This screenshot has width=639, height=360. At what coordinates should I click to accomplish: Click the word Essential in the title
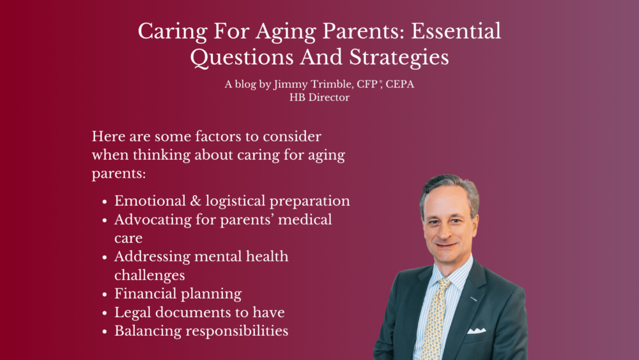coord(456,31)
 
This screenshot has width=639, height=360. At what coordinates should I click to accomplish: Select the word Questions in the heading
coord(242,57)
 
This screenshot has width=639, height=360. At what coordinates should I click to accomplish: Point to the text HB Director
coord(319,97)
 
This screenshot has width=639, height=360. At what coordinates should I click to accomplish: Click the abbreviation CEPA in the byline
coord(400,84)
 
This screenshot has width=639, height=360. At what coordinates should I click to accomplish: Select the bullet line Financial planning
coord(178,294)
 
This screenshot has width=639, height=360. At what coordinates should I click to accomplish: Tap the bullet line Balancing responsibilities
coord(201,331)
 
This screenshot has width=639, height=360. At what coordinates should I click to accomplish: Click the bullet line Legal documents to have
coord(199,312)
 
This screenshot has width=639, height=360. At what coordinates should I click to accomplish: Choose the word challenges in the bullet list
coord(150,276)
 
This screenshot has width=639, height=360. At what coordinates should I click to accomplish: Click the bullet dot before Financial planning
coord(105,294)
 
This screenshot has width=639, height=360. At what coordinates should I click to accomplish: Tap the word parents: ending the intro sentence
coord(119,174)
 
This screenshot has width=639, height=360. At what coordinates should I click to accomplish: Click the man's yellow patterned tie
coord(436,318)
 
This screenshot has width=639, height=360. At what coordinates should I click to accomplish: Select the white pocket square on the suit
coord(477,330)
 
